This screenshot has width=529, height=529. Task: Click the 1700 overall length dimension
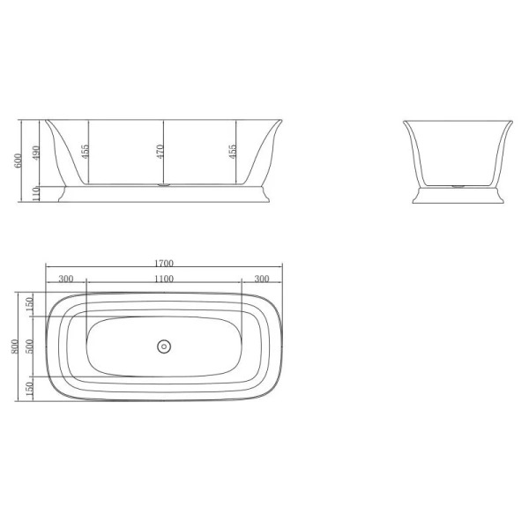pyautogui.click(x=164, y=263)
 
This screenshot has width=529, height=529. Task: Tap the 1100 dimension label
pyautogui.click(x=164, y=279)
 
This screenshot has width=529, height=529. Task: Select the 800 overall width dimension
pyautogui.click(x=14, y=346)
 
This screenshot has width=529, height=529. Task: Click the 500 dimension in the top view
pyautogui.click(x=30, y=346)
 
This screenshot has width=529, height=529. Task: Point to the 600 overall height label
pyautogui.click(x=18, y=160)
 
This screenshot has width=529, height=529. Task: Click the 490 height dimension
pyautogui.click(x=36, y=153)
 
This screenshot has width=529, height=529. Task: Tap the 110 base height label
pyautogui.click(x=36, y=194)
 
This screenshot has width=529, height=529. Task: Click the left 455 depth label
pyautogui.click(x=85, y=152)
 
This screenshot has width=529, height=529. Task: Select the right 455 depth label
pyautogui.click(x=233, y=152)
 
